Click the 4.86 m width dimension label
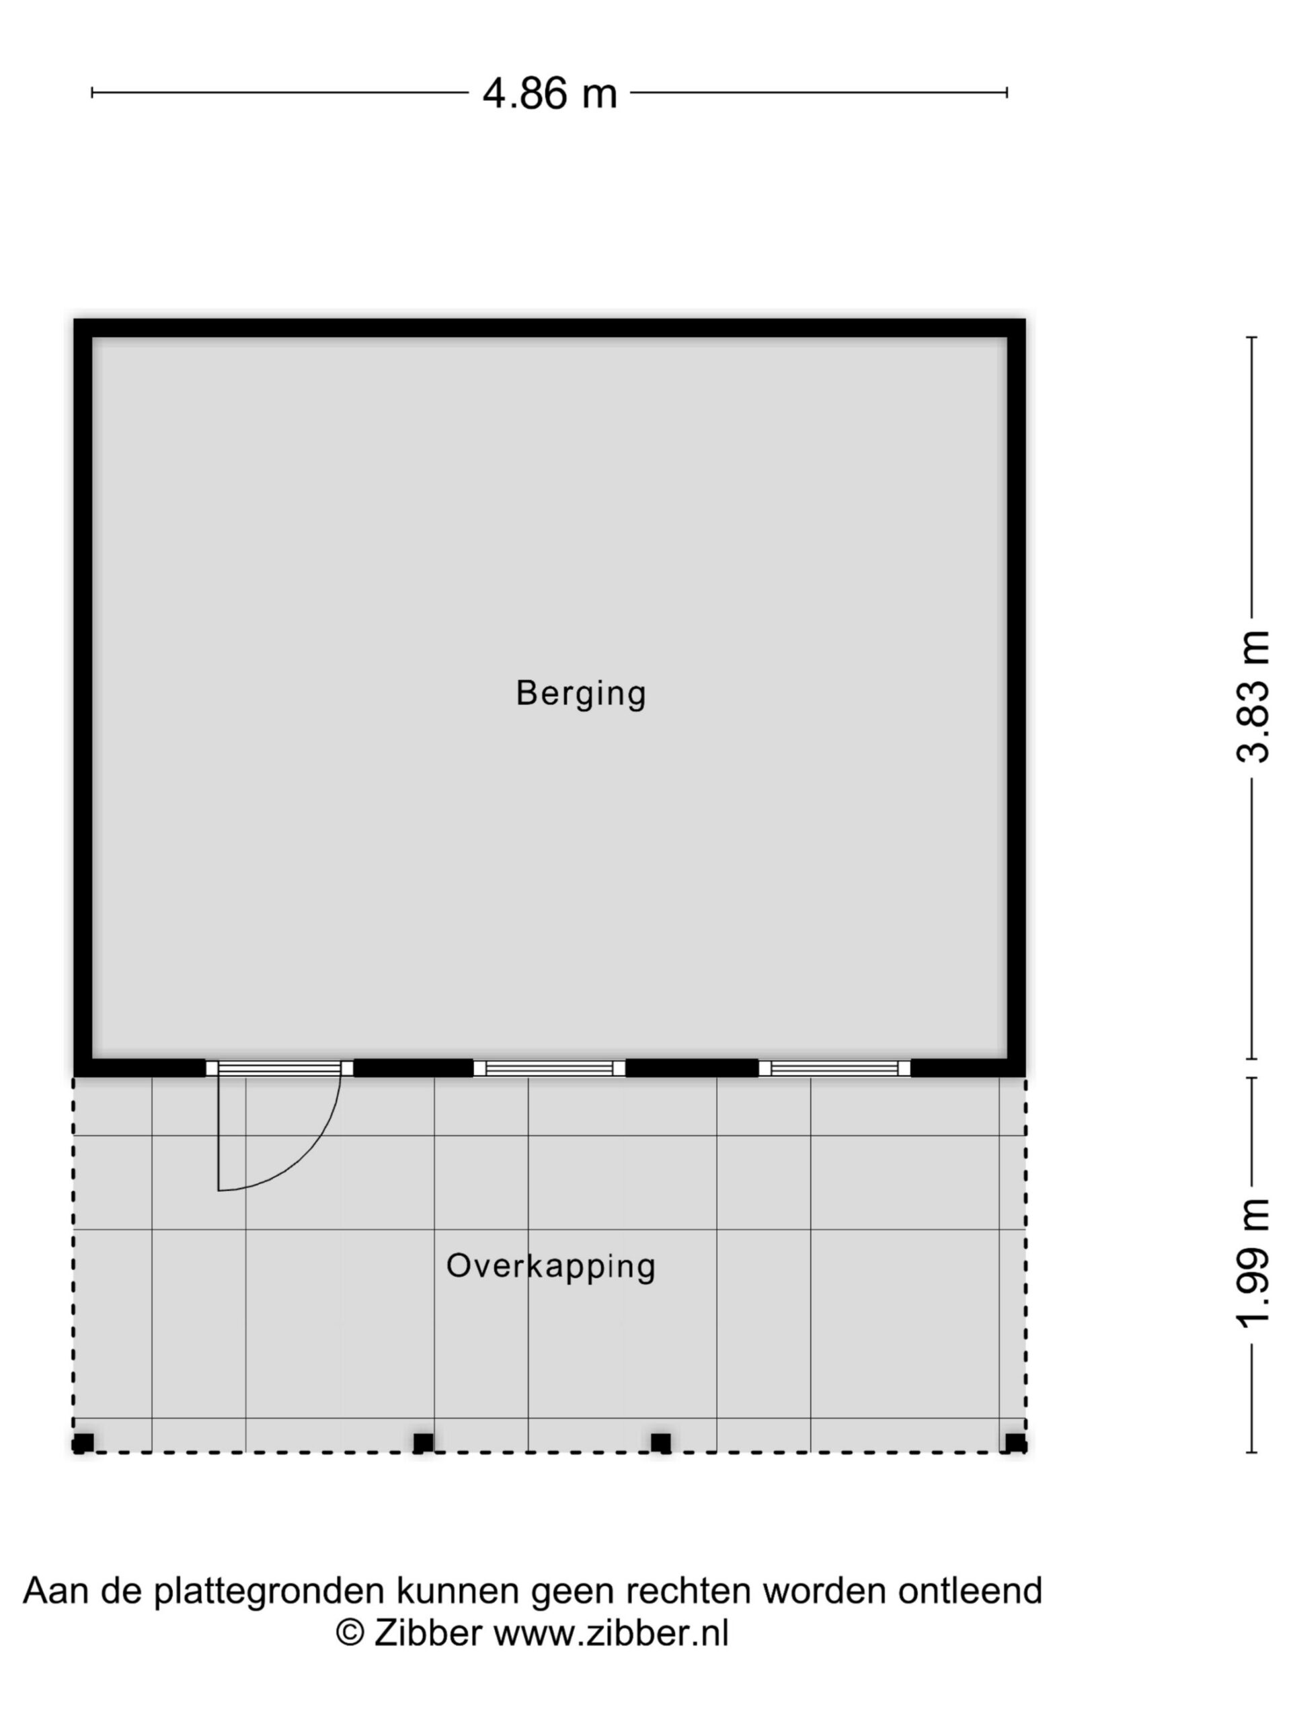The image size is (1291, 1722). [x=549, y=93]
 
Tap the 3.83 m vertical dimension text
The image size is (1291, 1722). [x=1253, y=697]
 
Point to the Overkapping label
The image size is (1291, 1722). [x=551, y=1267]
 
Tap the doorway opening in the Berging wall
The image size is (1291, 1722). [x=279, y=1068]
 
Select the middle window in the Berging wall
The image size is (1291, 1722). [x=549, y=1068]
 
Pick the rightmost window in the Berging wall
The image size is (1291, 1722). [x=834, y=1068]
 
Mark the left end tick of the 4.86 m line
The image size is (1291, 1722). [x=93, y=93]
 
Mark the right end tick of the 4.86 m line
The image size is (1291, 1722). [x=1007, y=93]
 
